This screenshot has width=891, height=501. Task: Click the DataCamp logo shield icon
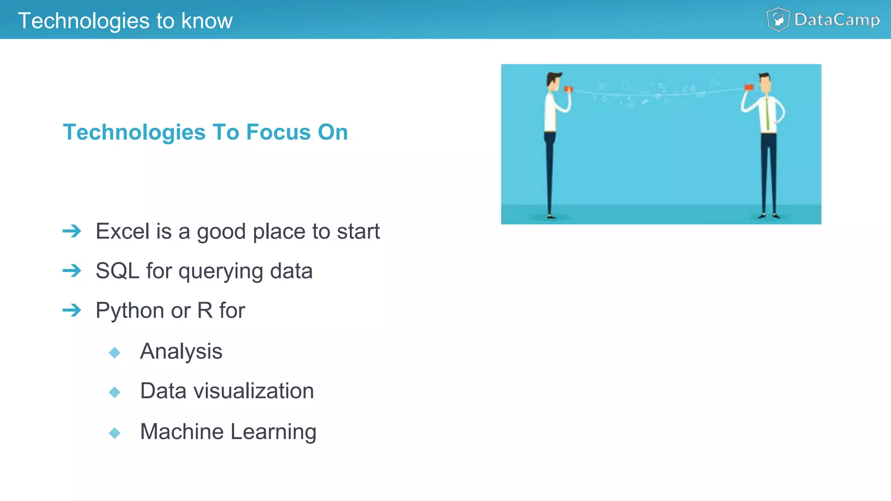pyautogui.click(x=778, y=20)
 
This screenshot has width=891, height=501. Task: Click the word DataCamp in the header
pyautogui.click(x=837, y=20)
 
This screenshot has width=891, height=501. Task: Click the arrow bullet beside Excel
pyautogui.click(x=72, y=231)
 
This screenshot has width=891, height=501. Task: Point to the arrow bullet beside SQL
pyautogui.click(x=72, y=271)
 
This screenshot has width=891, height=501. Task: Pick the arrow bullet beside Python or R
pyautogui.click(x=72, y=311)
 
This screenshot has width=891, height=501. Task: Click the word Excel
pyautogui.click(x=123, y=231)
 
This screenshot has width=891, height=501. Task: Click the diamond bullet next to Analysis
pyautogui.click(x=115, y=352)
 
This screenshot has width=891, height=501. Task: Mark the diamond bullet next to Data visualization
pyautogui.click(x=115, y=392)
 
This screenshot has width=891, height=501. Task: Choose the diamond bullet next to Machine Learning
pyautogui.click(x=115, y=433)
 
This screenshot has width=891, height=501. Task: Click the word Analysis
pyautogui.click(x=181, y=351)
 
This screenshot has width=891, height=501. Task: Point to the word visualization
pyautogui.click(x=254, y=391)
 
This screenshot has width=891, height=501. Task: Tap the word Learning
pyautogui.click(x=273, y=432)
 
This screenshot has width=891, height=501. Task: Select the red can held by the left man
pyautogui.click(x=568, y=89)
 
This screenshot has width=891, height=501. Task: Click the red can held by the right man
pyautogui.click(x=749, y=87)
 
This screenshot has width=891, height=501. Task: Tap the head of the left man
pyautogui.click(x=553, y=81)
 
